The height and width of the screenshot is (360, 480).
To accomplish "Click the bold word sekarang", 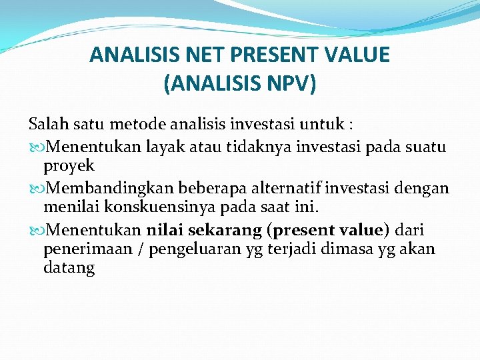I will coord(226,231).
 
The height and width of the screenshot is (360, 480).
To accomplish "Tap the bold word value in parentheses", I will coord(359,231).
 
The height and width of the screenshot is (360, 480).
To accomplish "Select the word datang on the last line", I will coord(69,269).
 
